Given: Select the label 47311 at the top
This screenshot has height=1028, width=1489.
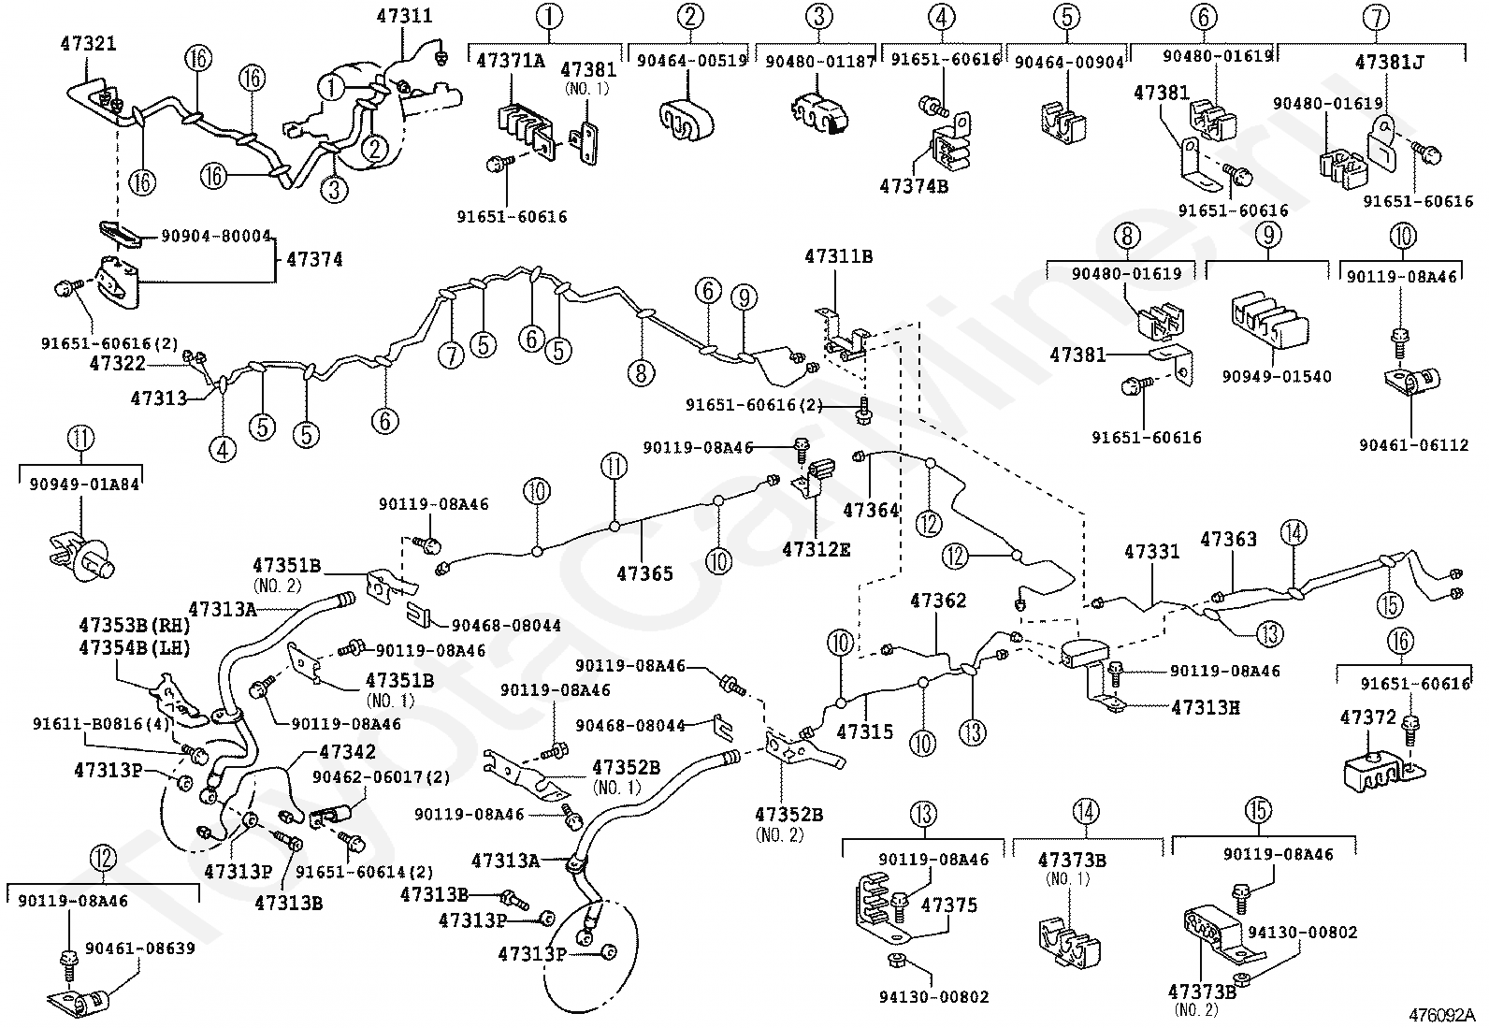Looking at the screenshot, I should (405, 16).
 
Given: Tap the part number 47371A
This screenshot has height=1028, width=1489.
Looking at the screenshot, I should (511, 61).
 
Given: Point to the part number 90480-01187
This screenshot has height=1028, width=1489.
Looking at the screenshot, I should (819, 61).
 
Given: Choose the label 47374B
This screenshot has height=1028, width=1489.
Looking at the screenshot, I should (914, 185).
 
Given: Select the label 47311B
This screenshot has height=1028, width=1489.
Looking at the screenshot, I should (838, 256).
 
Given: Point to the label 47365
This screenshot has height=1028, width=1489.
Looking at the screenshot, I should (644, 572).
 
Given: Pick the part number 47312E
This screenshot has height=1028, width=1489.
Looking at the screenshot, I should (817, 549).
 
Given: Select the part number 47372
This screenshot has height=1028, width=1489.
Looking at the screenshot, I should (1367, 717).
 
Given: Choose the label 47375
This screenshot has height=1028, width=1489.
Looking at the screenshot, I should (948, 905).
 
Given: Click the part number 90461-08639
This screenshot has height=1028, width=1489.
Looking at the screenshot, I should (140, 948).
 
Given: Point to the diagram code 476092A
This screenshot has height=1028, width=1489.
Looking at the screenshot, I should (1441, 1014).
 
